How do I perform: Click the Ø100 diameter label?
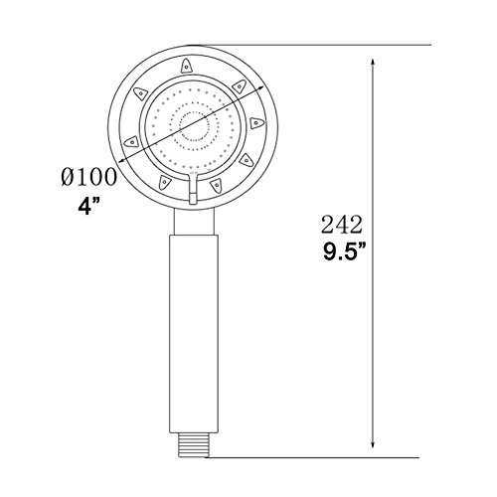pyautogui.click(x=88, y=177)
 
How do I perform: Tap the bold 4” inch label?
pyautogui.click(x=88, y=207)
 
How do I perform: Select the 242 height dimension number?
pyautogui.click(x=342, y=225)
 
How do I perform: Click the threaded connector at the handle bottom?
pyautogui.click(x=192, y=445)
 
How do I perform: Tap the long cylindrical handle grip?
pyautogui.click(x=194, y=334)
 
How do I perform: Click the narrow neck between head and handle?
pyautogui.click(x=194, y=222)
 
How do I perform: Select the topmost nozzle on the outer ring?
pyautogui.click(x=187, y=66)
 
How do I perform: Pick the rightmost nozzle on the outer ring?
pyautogui.click(x=256, y=123)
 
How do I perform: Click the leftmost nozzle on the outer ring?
pyautogui.click(x=131, y=142)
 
